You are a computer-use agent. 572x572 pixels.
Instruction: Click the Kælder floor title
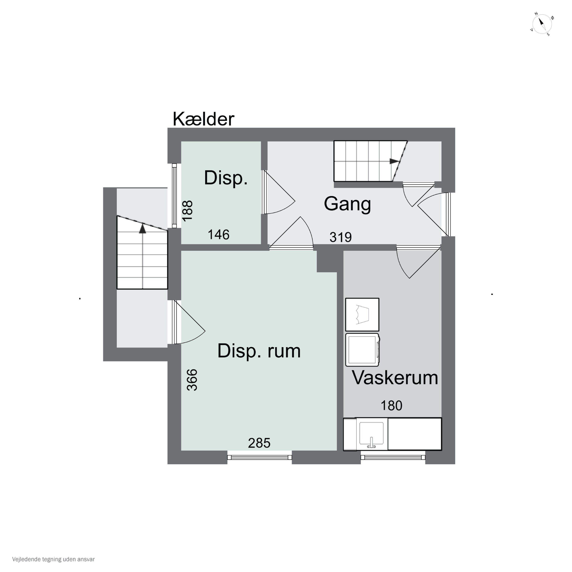tap(203, 119)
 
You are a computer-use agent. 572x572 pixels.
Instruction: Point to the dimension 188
tap(187, 211)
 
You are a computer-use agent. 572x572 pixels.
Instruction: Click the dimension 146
tap(219, 235)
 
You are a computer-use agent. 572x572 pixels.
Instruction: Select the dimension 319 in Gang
tap(341, 237)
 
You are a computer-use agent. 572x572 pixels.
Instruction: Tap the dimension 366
tap(192, 380)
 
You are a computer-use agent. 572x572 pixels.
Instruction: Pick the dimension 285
tap(259, 443)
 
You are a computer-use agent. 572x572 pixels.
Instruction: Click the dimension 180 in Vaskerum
tap(391, 406)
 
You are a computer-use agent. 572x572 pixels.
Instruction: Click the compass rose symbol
tap(542, 24)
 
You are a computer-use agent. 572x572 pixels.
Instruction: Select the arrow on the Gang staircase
tap(394, 161)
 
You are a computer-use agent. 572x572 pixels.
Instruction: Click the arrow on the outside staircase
tap(143, 229)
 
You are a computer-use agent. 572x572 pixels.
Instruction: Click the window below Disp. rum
tap(259, 457)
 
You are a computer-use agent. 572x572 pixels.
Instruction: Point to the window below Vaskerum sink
tap(393, 457)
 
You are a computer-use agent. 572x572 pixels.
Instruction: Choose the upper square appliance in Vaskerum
tap(362, 314)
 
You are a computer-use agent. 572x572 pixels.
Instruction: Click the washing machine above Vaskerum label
tap(362, 350)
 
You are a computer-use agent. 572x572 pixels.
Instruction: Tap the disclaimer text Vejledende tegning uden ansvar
tap(53, 559)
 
